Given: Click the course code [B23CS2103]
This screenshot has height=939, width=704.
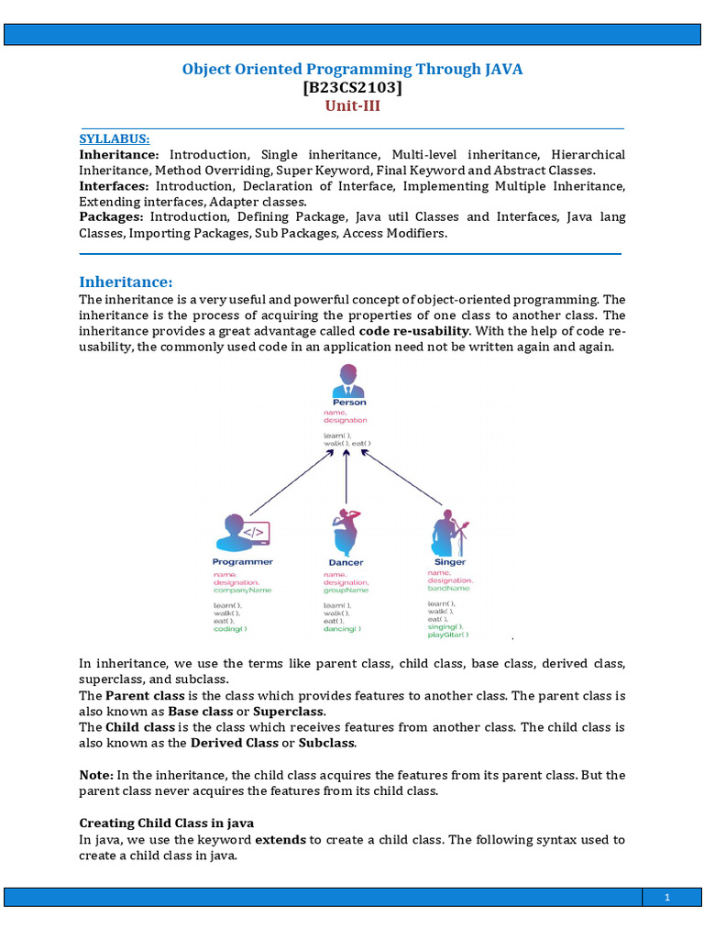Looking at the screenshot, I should coord(352,88).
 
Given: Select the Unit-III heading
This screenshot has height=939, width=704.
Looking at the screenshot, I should coord(352,105).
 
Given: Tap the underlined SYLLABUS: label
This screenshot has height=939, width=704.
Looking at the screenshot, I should coord(114,138).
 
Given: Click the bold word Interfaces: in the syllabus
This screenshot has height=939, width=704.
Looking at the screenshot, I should coord(117,186).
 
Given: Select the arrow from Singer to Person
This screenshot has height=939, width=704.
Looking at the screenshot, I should coord(401,480).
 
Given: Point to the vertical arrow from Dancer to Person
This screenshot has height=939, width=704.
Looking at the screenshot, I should coord(346,477).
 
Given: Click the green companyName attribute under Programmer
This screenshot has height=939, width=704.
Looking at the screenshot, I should coord(243,591).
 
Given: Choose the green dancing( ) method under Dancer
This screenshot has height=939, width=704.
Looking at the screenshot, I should coord(342,629).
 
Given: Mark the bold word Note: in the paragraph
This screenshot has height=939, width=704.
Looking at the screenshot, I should coord(96,775).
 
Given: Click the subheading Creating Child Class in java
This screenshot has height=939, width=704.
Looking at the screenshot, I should coord(166,823).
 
